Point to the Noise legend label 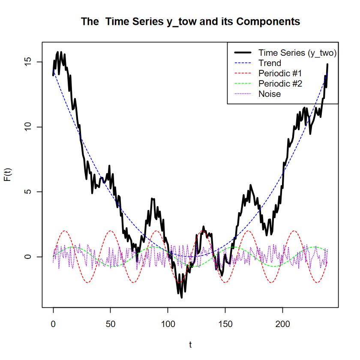point(270,94)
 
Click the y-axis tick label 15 point(27,62)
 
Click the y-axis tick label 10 point(27,127)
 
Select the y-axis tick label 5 point(27,192)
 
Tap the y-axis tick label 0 point(27,257)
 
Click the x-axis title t point(190,344)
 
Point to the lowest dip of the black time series point(181,297)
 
